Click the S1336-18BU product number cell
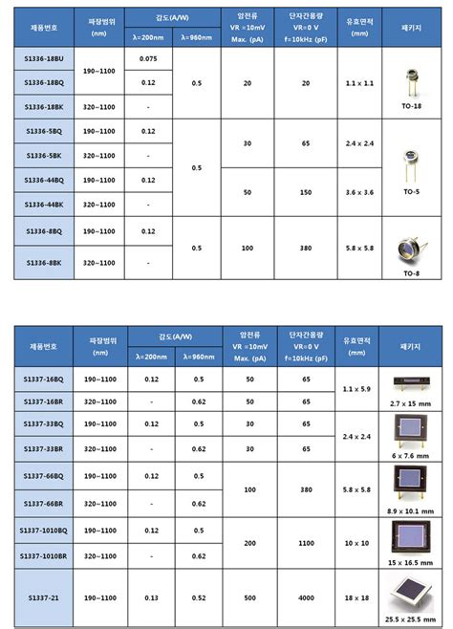point(41,58)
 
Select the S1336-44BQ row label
point(41,180)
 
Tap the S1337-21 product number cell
point(41,596)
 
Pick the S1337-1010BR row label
point(41,555)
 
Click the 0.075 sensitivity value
point(147,58)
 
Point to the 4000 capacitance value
point(306,596)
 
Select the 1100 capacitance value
point(306,542)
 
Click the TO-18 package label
point(412,106)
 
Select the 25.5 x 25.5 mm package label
point(412,619)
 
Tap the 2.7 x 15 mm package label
point(412,404)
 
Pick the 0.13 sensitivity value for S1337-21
point(151,596)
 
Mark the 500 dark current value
point(249,596)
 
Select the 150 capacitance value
point(306,192)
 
